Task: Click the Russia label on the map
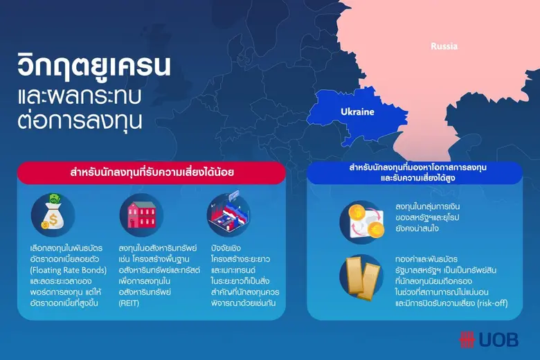pyautogui.click(x=444, y=46)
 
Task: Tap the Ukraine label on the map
pyautogui.click(x=357, y=111)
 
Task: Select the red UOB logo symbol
pyautogui.click(x=468, y=339)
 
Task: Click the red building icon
pyautogui.click(x=141, y=215)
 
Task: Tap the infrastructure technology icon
pyautogui.click(x=228, y=215)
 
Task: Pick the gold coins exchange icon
pyautogui.click(x=361, y=221)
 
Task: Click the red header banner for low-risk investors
pyautogui.click(x=151, y=173)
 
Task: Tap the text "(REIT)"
pyautogui.click(x=130, y=303)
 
